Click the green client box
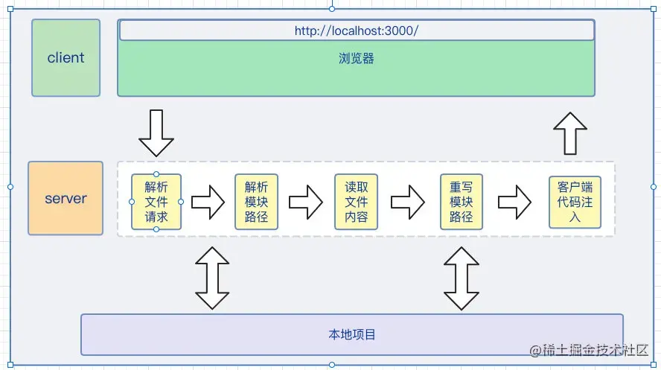66,58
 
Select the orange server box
66,199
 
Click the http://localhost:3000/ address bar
357,31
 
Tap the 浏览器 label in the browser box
357,58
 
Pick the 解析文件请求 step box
156,201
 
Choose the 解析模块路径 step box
256,202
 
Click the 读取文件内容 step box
356,202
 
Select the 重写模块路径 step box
461,202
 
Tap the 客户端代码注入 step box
574,202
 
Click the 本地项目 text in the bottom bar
352,335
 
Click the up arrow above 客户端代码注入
571,133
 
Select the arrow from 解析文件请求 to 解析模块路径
207,202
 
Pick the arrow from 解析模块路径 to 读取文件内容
305,202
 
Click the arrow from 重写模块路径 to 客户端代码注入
514,202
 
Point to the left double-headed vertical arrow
212,277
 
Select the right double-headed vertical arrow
462,277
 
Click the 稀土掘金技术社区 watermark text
588,351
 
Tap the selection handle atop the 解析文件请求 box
156,173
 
